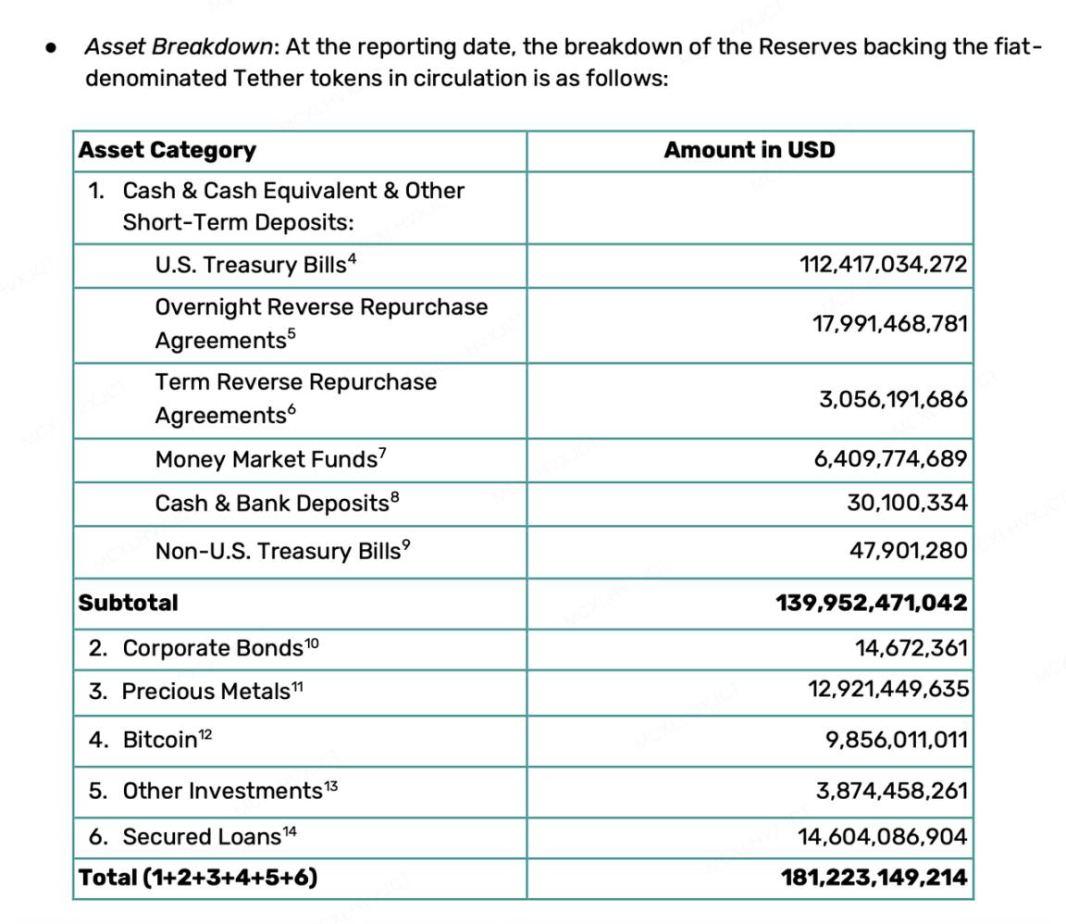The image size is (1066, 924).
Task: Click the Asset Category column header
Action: coord(167,150)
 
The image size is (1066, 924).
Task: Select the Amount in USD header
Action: coord(749,150)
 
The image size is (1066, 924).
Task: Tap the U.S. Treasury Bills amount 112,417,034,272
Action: coord(883,265)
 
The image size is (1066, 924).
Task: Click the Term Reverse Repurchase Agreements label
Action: coord(295,399)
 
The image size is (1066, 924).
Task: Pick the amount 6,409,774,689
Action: coord(890,459)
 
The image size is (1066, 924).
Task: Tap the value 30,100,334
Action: coord(907,504)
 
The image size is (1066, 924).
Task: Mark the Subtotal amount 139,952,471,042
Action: coord(872,603)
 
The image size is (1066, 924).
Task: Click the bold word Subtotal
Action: coord(129,603)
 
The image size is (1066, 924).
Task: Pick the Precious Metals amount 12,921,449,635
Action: coord(887,690)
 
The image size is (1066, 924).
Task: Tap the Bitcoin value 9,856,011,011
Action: coord(897,740)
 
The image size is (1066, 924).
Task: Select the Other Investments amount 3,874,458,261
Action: coord(891,791)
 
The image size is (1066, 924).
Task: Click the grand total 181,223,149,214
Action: coord(874,877)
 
